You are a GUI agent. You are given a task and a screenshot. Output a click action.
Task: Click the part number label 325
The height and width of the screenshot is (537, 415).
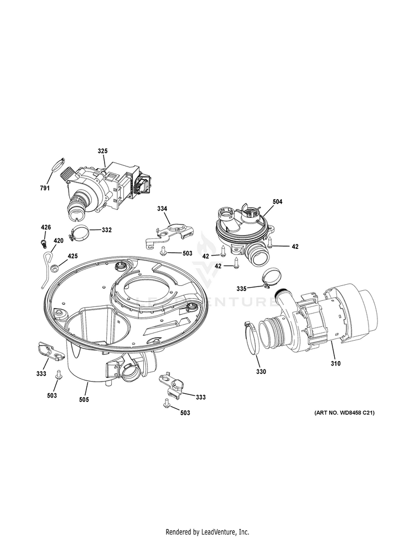(x=103, y=152)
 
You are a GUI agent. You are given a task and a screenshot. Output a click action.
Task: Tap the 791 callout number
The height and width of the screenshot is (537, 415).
(x=44, y=189)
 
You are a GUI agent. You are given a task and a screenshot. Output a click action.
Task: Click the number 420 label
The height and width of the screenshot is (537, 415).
(x=58, y=241)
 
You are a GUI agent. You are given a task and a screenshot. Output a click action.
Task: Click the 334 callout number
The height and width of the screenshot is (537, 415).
(x=162, y=208)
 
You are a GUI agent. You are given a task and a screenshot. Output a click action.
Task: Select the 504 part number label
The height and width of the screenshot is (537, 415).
(x=277, y=202)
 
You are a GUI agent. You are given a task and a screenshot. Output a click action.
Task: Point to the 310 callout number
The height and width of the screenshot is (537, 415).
(x=335, y=363)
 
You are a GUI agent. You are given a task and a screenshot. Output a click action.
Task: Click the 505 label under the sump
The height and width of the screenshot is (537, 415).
(x=84, y=399)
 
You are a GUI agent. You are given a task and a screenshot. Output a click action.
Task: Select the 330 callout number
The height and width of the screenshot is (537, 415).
(x=261, y=372)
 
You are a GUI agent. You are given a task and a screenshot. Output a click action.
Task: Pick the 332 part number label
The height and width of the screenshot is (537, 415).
(x=106, y=230)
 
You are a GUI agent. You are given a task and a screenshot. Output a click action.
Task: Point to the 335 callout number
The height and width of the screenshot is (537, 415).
(x=241, y=288)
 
